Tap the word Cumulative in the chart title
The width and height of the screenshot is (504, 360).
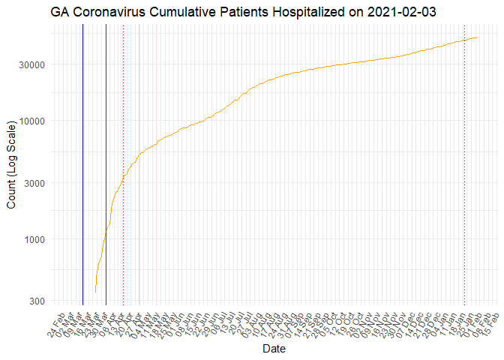tap(179, 12)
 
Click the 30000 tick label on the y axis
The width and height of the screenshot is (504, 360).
tap(33, 64)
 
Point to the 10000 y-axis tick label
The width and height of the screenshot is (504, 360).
tap(33, 121)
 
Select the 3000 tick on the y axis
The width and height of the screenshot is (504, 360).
tap(35, 183)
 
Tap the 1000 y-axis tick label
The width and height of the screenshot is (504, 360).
tap(35, 239)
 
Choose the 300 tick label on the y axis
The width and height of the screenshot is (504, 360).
tap(37, 301)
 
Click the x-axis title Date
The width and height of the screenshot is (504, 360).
tap(272, 349)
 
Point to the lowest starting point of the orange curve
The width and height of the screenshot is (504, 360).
tap(95, 292)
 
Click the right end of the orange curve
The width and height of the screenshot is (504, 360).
tap(478, 37)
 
